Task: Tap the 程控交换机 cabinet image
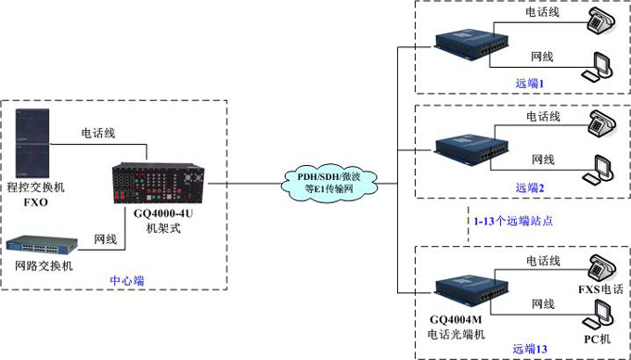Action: tap(35, 140)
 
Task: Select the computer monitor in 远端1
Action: tap(599, 68)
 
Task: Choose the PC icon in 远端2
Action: tap(599, 171)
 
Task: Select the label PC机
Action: tap(598, 339)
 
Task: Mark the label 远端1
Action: tap(529, 83)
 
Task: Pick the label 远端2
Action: tap(529, 186)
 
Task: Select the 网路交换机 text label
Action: tap(44, 268)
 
